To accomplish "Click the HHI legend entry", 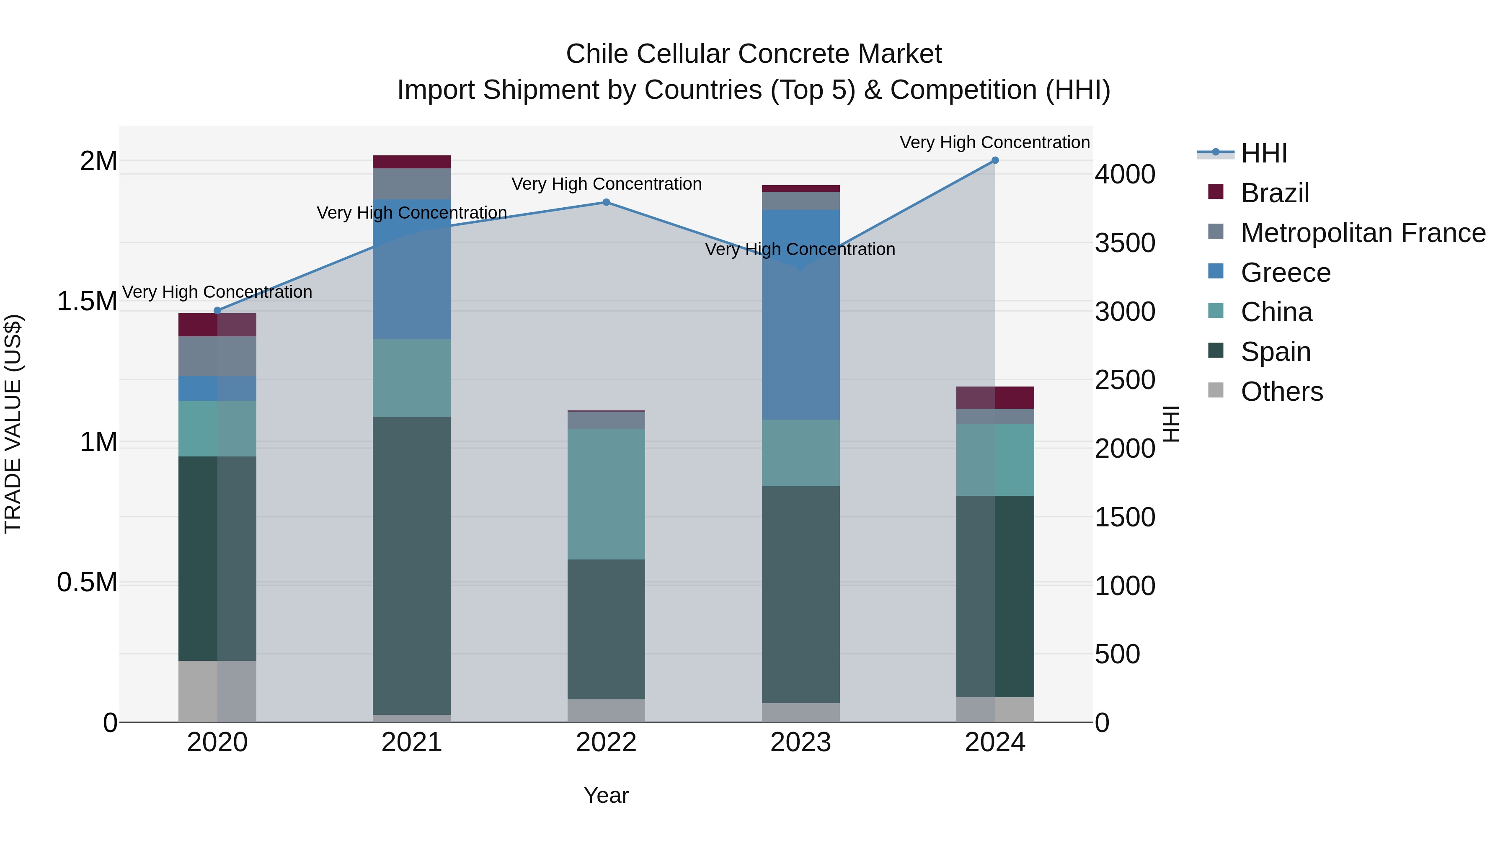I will pos(1263,153).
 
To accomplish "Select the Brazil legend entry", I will pos(1274,193).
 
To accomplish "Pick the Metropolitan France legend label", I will pos(1363,233).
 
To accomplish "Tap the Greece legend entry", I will pos(1285,273).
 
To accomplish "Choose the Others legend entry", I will pos(1281,392).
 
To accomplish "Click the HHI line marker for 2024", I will pos(994,160).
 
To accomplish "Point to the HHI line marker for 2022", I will pos(606,203).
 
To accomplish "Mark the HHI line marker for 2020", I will pos(217,311).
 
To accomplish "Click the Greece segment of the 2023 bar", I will pos(800,328).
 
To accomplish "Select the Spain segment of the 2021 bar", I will pos(411,565).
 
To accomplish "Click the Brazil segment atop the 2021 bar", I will pos(411,162).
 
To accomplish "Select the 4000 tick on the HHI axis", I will pos(1125,174).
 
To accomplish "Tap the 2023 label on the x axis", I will pos(800,742).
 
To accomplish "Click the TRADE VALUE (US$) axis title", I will pos(13,424).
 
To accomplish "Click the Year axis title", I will pos(606,795).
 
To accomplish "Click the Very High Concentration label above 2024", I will pos(994,142).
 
